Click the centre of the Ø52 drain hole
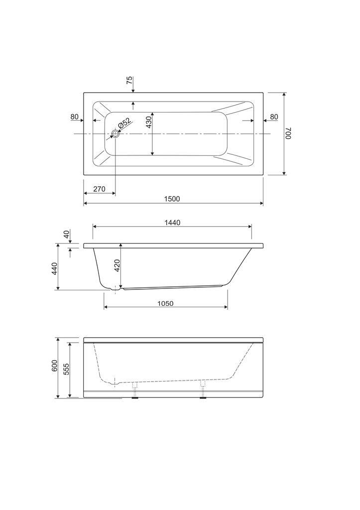(116, 133)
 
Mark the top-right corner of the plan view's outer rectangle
(263, 92)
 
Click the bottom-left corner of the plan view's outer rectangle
(84, 175)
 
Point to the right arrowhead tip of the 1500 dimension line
(263, 203)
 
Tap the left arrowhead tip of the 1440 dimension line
(93, 227)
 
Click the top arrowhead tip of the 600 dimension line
(58, 338)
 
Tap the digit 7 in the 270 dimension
(99, 189)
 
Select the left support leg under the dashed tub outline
(135, 389)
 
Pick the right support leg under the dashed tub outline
(203, 389)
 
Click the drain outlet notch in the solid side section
(116, 288)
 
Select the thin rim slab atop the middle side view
(173, 246)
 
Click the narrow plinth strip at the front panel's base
(173, 394)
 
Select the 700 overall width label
(288, 133)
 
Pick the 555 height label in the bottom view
(66, 369)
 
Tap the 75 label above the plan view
(129, 80)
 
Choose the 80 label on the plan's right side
(274, 117)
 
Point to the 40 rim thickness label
(66, 235)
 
